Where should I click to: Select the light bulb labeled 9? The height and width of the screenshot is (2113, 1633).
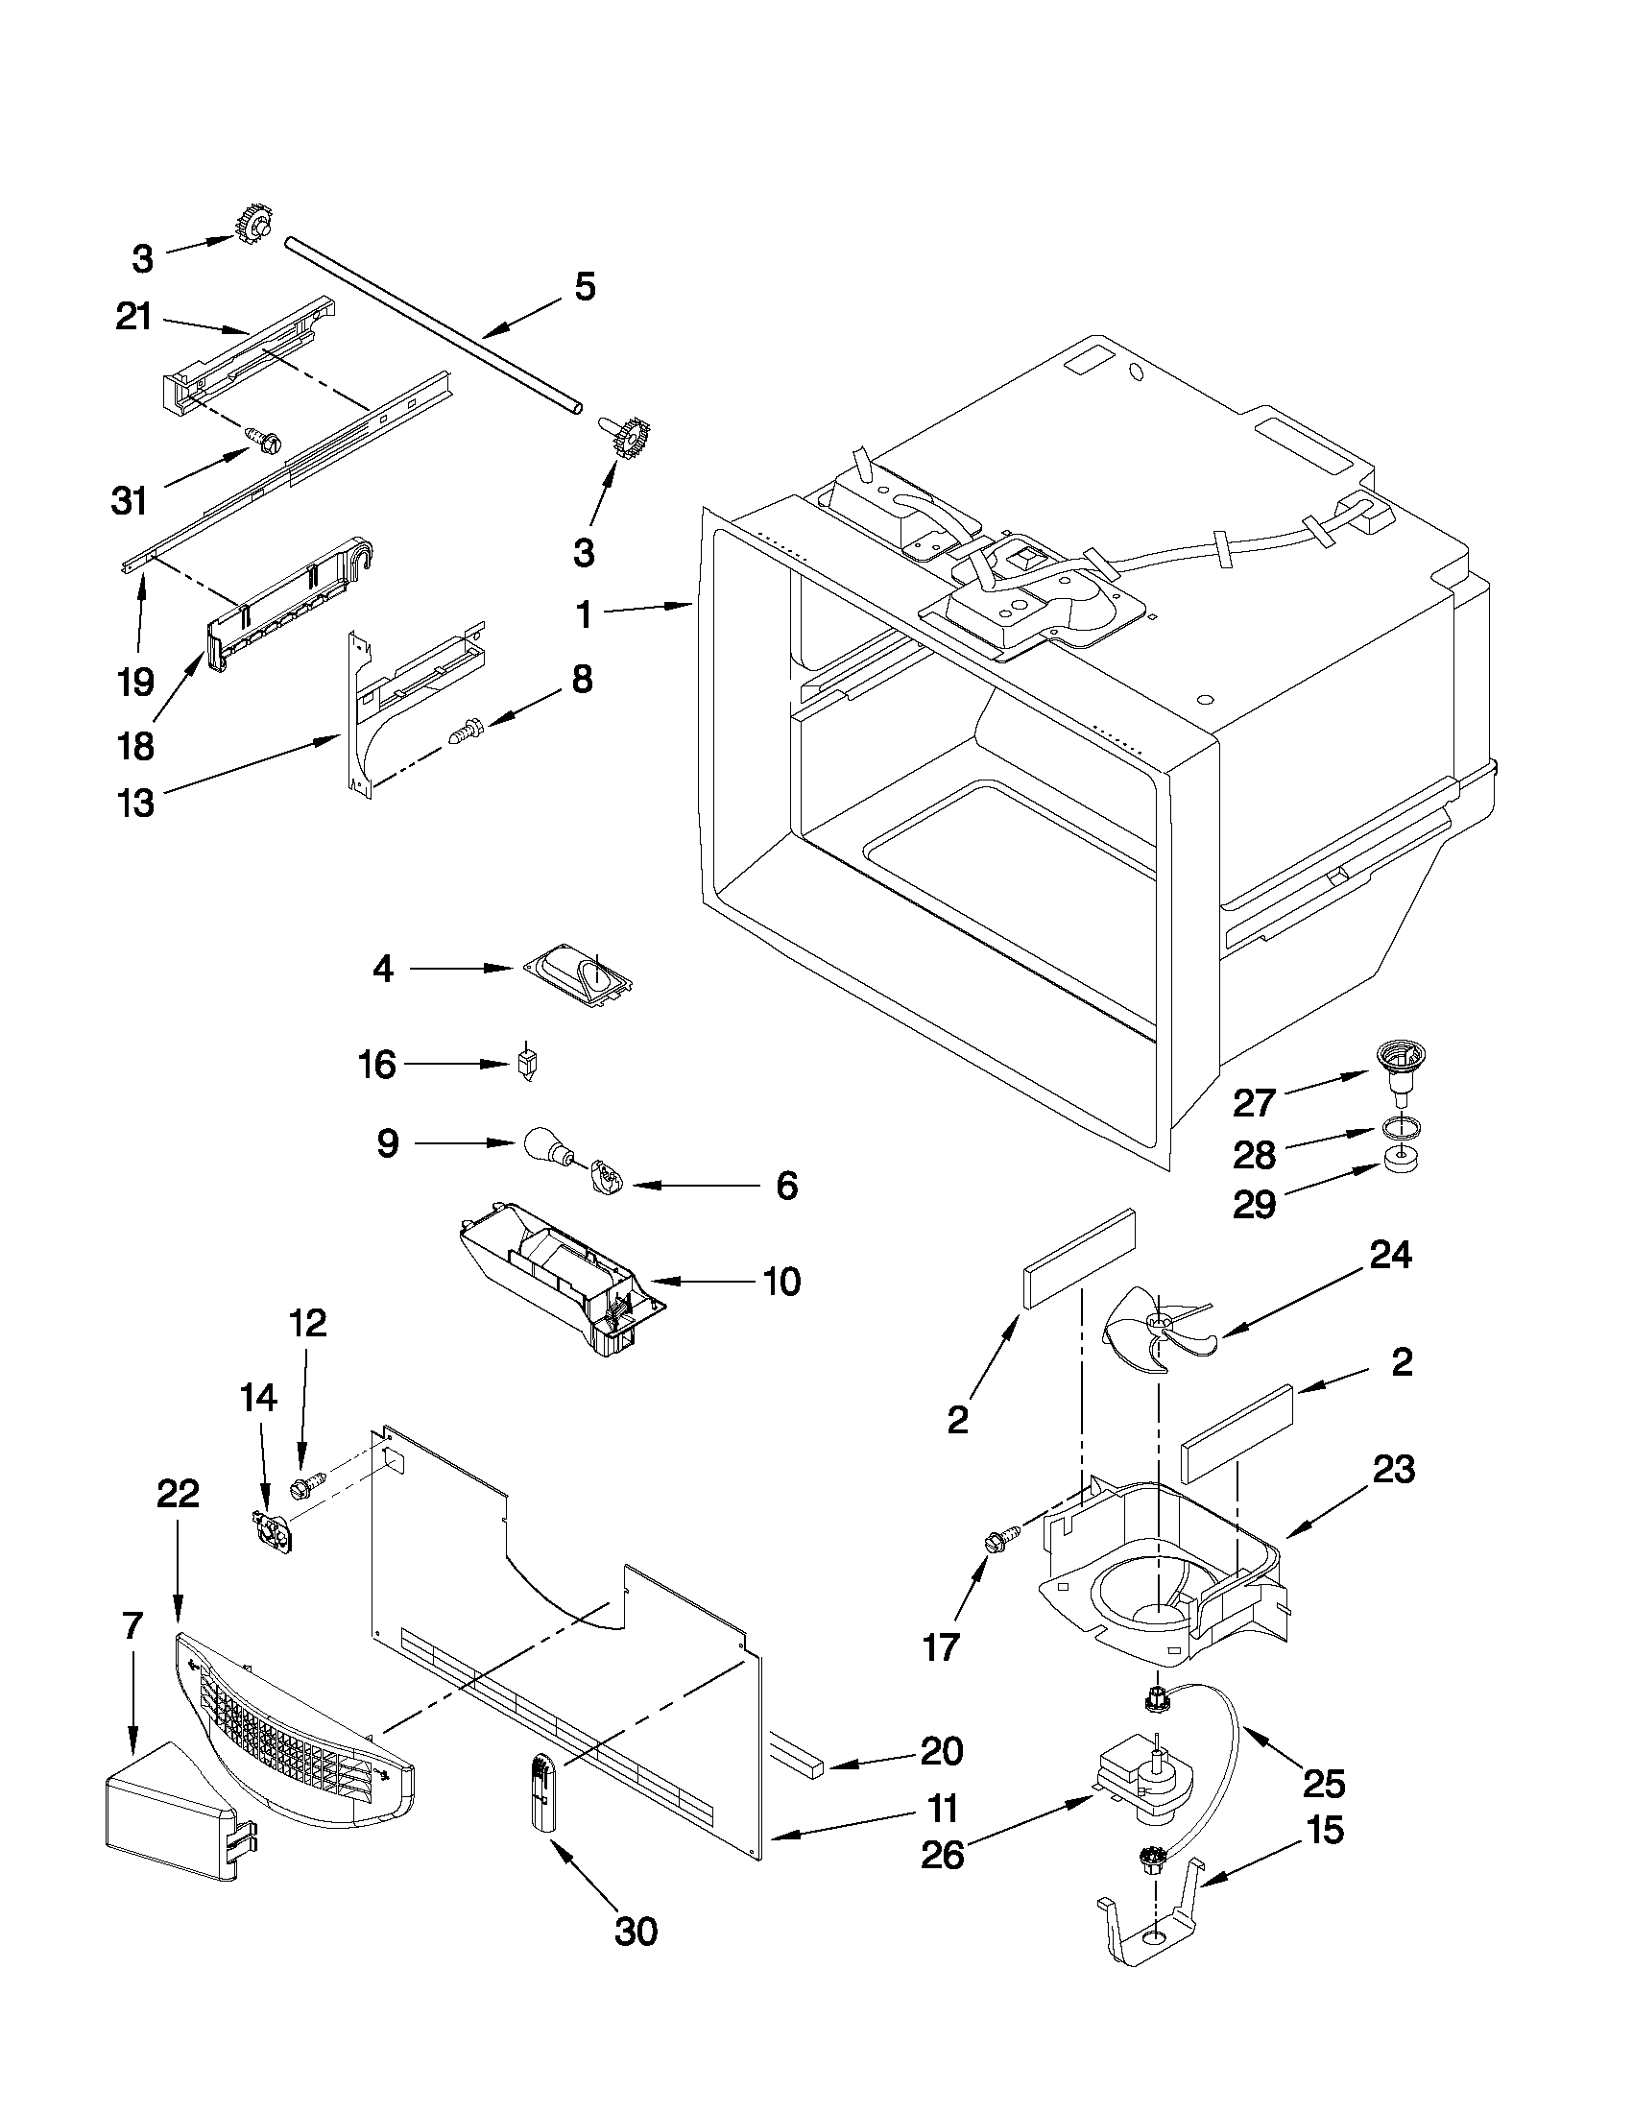pos(544,1144)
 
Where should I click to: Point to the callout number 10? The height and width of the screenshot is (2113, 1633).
pos(781,1282)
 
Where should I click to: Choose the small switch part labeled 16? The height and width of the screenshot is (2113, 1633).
pos(526,1066)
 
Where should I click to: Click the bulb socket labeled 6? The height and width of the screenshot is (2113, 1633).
pos(605,1178)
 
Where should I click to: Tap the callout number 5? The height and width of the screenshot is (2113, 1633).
pos(585,286)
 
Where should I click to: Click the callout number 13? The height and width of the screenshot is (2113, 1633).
pos(135,801)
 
